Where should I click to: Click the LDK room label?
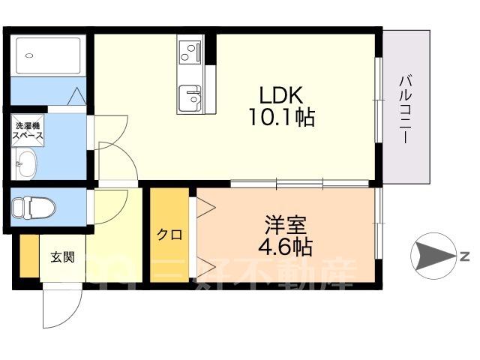coord(281,95)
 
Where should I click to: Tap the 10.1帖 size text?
coord(282,117)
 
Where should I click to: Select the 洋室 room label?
coord(286,225)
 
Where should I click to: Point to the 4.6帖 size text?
coord(285,247)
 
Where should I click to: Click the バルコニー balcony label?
coord(406,109)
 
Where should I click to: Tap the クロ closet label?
coord(169,235)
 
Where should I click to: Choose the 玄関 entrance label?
coord(62,257)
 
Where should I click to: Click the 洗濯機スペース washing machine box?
coord(28,130)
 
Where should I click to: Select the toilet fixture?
coord(34,208)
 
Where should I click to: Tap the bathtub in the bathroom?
coord(48,55)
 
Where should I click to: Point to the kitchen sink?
coord(190,98)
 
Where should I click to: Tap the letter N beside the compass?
coord(465,256)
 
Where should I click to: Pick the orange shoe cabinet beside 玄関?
coord(29,256)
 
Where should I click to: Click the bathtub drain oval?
coord(29,55)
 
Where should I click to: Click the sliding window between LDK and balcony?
coord(379,100)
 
